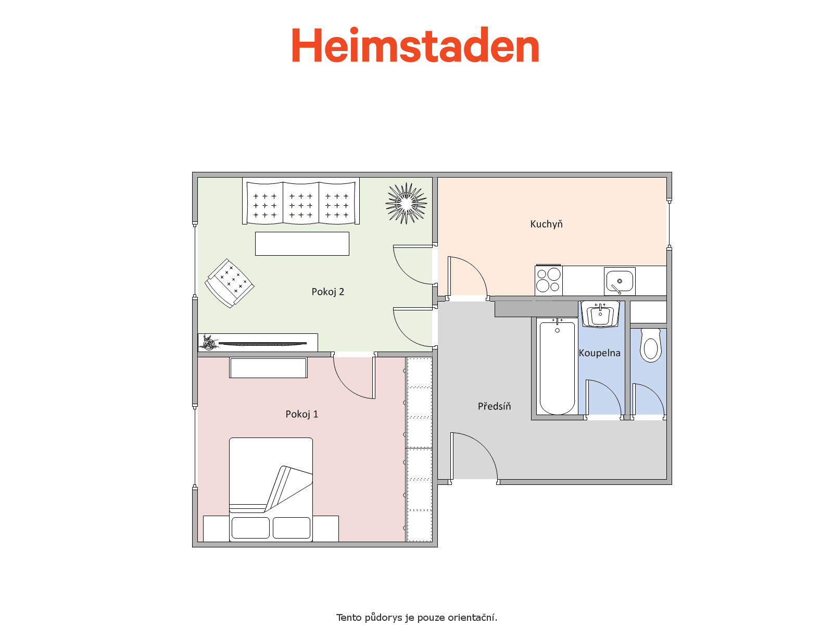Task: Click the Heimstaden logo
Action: point(415,45)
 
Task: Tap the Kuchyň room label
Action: point(546,224)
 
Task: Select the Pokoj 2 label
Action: point(327,292)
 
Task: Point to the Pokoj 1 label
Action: point(301,414)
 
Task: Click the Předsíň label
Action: point(494,406)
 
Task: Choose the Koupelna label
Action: point(599,353)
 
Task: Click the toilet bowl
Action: point(650,345)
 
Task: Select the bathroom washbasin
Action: point(600,314)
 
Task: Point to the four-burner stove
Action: point(548,280)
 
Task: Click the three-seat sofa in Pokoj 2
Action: point(300,201)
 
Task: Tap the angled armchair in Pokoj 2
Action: point(229,283)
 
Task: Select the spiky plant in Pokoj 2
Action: point(406,204)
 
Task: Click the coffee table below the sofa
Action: point(302,244)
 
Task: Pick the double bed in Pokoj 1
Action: point(271,490)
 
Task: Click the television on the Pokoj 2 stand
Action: point(262,344)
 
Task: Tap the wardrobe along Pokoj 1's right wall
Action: point(419,449)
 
